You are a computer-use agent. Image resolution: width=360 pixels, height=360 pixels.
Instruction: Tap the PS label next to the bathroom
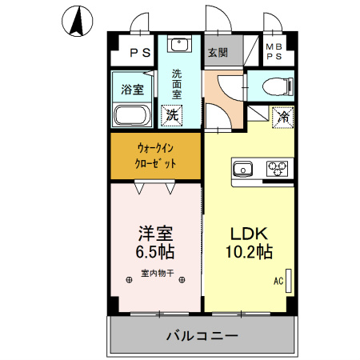[x=140, y=54]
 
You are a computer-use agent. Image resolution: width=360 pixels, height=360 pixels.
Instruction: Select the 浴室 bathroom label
[x=131, y=88]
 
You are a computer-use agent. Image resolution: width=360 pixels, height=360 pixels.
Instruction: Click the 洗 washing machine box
[x=171, y=114]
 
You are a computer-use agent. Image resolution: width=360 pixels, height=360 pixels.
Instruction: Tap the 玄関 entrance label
[x=218, y=53]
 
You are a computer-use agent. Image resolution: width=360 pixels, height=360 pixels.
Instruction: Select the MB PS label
[x=274, y=53]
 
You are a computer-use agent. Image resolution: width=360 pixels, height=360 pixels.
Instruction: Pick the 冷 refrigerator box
[x=282, y=115]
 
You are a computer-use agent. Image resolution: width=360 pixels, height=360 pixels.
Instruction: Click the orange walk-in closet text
[x=156, y=155]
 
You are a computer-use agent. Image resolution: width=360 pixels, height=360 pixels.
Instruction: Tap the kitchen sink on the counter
[x=242, y=168]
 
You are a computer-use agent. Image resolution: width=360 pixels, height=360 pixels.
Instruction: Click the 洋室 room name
[x=155, y=234]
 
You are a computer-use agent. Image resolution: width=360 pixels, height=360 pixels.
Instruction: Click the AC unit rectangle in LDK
[x=290, y=281]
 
